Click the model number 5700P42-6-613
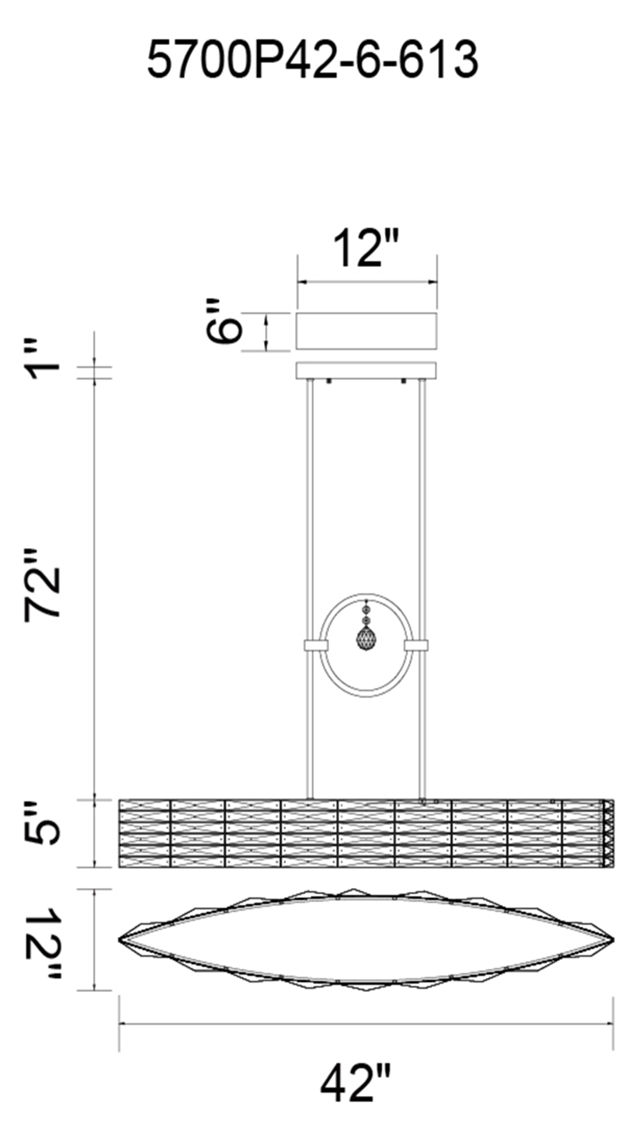[x=312, y=60]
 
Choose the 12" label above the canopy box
[x=366, y=248]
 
